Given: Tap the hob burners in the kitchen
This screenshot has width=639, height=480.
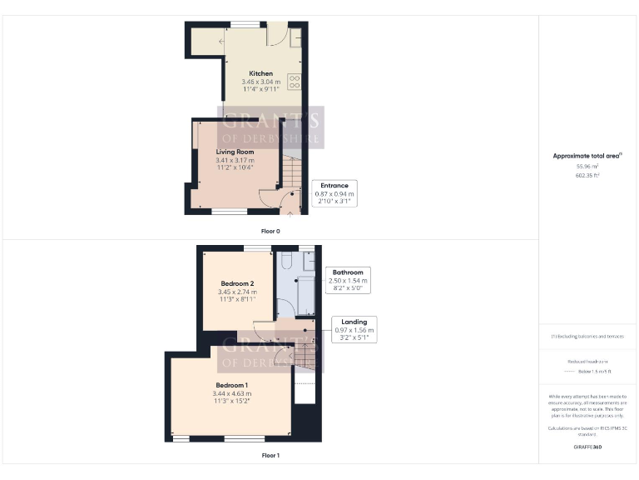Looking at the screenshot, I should pos(294,82).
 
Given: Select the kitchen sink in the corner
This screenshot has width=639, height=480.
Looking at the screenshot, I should pos(295,37).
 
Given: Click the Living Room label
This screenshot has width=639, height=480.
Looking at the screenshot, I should pos(235,152).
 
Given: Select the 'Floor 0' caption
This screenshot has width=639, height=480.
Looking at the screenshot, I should pos(270,229).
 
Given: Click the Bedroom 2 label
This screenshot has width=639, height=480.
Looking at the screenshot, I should pos(235,283).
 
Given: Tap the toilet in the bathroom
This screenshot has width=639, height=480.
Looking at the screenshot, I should pos(285,263).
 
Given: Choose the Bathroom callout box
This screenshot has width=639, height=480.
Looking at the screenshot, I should pos(348,281).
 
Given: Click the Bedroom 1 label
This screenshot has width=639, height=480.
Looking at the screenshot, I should pos(231,385).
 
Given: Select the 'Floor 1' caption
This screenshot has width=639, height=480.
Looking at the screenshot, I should pos(270,456).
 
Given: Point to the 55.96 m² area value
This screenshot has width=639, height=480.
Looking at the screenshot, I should pos(587,166).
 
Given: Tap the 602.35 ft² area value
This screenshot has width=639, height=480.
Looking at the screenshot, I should pos(587,175).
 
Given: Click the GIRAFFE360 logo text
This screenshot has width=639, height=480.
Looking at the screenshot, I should pos(587,447).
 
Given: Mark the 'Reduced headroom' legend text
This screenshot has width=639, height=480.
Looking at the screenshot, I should pos(587,362).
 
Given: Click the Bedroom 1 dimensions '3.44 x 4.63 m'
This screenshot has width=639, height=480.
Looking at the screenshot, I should pos(231,393).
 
